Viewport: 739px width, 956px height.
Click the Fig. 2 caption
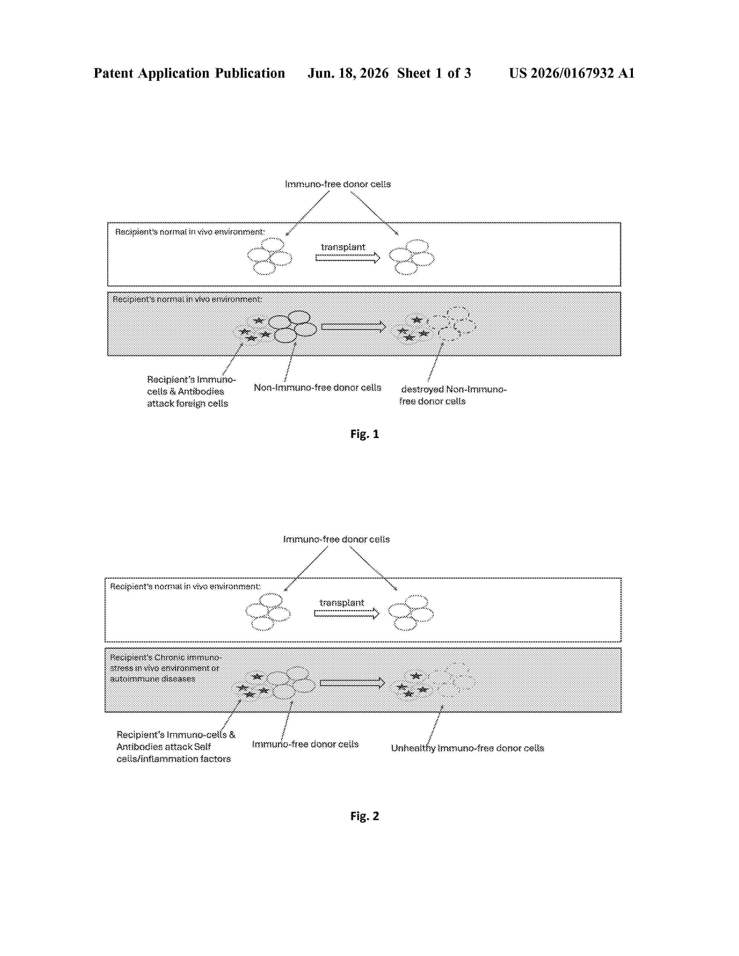pyautogui.click(x=364, y=816)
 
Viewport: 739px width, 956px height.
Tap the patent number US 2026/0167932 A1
pyautogui.click(x=572, y=73)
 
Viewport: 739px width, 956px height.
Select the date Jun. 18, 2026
pyautogui.click(x=348, y=73)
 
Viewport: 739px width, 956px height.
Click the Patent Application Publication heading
pyautogui.click(x=189, y=73)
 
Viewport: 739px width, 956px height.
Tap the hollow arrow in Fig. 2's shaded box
pyautogui.click(x=352, y=683)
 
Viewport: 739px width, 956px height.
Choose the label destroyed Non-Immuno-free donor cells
pyautogui.click(x=453, y=395)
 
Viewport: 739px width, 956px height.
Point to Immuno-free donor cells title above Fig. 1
pyautogui.click(x=338, y=184)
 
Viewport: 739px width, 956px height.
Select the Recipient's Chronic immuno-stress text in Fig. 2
pyautogui.click(x=166, y=668)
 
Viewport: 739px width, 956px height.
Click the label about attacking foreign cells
pyautogui.click(x=191, y=391)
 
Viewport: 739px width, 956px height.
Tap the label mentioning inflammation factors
pyautogui.click(x=176, y=747)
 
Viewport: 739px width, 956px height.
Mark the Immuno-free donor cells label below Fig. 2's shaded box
pyautogui.click(x=305, y=744)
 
